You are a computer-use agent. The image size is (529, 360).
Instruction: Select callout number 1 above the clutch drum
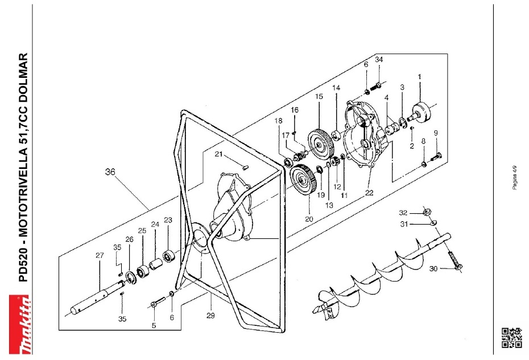click(x=420, y=76)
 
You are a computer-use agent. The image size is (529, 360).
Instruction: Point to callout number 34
click(x=379, y=60)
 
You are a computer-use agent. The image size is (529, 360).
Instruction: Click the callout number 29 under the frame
click(x=210, y=315)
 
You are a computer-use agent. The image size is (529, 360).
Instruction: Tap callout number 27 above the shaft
click(x=100, y=255)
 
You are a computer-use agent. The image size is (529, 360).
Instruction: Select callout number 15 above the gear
click(x=319, y=97)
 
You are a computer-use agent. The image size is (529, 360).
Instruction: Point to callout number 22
click(x=369, y=192)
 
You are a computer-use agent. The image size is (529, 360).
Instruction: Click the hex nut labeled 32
click(x=427, y=213)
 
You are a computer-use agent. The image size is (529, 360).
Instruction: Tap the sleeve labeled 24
click(x=156, y=265)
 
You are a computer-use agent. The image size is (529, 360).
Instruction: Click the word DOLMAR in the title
click(x=23, y=76)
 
